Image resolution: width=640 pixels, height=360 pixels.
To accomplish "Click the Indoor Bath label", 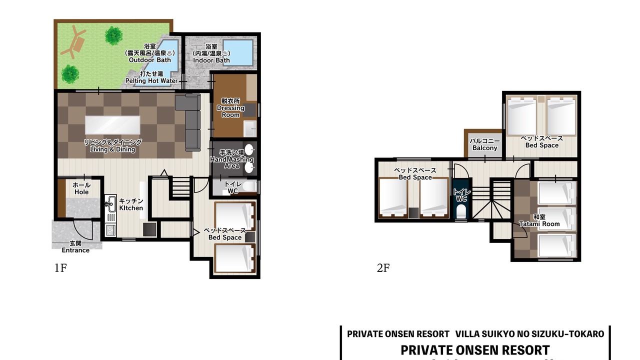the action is click(211, 60).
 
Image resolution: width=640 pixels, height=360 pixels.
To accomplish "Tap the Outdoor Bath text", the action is click(149, 60).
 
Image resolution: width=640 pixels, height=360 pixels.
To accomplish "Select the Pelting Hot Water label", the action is click(151, 81).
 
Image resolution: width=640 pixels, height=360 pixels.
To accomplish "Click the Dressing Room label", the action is click(230, 111).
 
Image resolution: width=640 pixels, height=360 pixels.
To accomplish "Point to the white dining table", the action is click(112, 125).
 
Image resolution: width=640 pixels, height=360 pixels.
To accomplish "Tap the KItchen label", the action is click(131, 208).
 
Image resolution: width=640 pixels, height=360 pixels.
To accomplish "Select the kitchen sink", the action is click(110, 203).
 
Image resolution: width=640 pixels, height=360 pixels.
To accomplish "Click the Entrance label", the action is click(75, 250).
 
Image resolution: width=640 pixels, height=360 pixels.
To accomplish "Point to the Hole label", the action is click(81, 192).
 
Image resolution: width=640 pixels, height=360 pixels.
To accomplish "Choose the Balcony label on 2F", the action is click(485, 148).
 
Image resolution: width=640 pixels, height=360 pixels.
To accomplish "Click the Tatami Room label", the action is click(539, 224).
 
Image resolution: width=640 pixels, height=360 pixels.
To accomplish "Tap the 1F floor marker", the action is click(60, 268).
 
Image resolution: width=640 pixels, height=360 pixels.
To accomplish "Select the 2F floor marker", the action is click(383, 268).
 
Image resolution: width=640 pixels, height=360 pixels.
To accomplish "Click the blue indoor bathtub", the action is click(238, 53).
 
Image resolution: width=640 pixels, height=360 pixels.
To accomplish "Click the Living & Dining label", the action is click(112, 149).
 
